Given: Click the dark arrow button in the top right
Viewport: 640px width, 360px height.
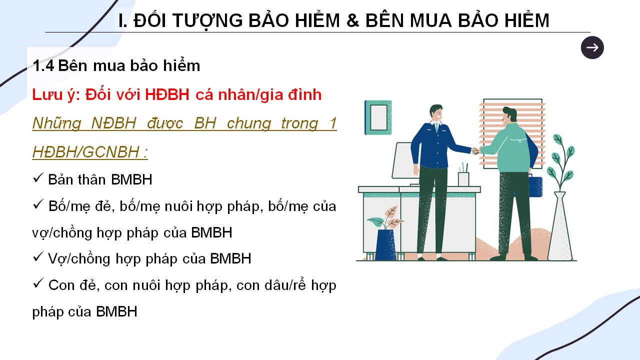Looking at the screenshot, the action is (592, 47).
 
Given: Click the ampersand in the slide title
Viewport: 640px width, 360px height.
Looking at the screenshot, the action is (353, 20).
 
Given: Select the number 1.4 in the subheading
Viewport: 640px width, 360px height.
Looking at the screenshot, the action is (43, 65).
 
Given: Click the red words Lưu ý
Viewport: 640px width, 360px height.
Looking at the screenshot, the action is (56, 95).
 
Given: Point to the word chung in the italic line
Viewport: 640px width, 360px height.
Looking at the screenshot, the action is (249, 123).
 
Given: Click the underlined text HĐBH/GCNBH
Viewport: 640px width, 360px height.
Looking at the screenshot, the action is (85, 151).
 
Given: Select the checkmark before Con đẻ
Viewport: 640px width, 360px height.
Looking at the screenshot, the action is (38, 283).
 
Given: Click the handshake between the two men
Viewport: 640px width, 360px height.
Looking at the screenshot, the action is (475, 150).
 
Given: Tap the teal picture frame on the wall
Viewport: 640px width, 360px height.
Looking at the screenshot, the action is (378, 117).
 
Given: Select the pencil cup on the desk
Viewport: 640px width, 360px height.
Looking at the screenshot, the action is (463, 179).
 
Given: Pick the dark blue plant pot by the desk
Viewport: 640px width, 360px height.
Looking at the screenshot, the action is (385, 244).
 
